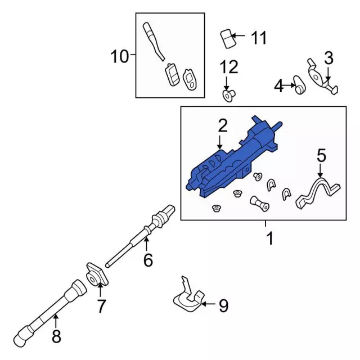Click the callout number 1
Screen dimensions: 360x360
269,238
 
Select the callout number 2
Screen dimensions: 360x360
223,125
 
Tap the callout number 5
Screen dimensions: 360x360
321,155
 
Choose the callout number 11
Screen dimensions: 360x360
258,38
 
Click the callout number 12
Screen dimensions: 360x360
229,67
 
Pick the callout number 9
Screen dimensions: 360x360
223,306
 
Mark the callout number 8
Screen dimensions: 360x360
56,337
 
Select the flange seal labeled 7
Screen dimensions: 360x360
94,275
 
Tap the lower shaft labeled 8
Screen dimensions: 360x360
51,309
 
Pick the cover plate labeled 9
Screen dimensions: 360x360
186,298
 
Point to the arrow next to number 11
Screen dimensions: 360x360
238,38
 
